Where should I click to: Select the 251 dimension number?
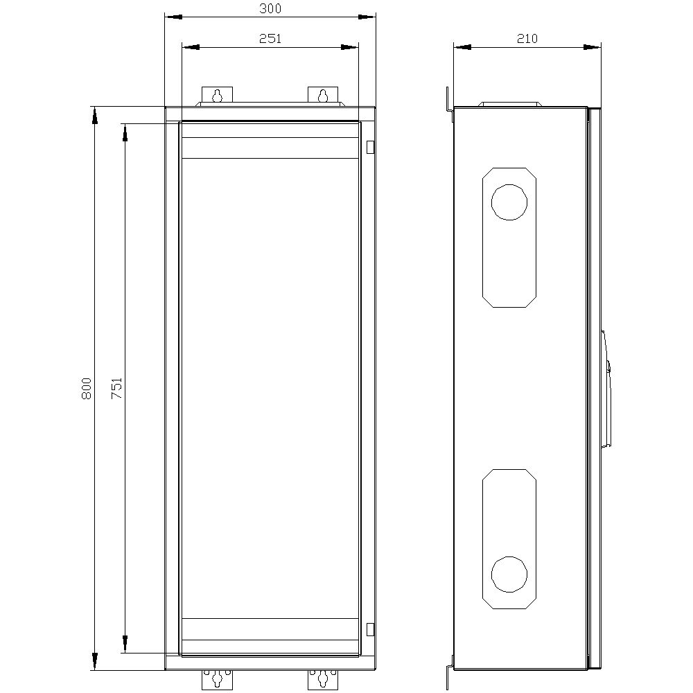click(270, 39)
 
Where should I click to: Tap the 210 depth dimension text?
click(527, 39)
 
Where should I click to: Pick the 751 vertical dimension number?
click(117, 388)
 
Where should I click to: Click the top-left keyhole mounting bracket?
click(218, 96)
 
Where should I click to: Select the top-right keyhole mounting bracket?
click(322, 96)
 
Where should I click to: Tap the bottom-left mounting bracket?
click(218, 678)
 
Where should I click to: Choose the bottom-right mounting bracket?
click(322, 678)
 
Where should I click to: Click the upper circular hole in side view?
click(509, 202)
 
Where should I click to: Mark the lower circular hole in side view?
click(509, 574)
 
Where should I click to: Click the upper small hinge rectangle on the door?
click(369, 146)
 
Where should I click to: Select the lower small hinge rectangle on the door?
click(369, 629)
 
